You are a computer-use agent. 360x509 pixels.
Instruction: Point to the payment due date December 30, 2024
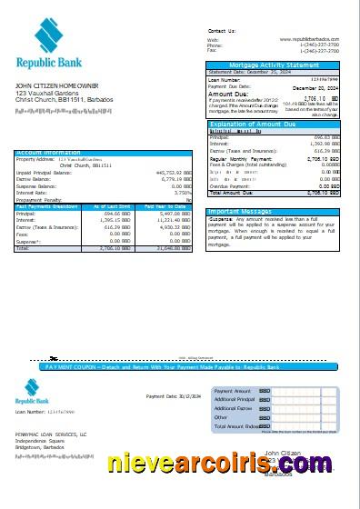[x=320, y=86]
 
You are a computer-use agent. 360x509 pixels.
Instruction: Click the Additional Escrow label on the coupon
[x=235, y=408]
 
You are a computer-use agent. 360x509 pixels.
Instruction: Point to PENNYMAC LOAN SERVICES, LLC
[x=51, y=435]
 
